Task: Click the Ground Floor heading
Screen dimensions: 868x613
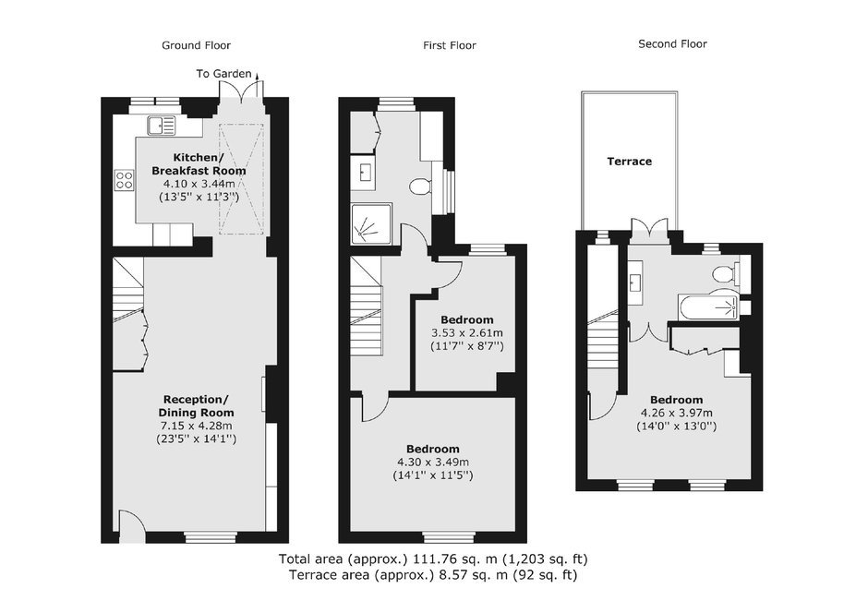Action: pyautogui.click(x=196, y=45)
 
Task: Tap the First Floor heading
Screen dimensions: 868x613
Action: pyautogui.click(x=450, y=45)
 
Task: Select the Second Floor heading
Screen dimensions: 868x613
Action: pyautogui.click(x=672, y=43)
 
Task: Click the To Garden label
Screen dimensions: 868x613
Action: pyautogui.click(x=223, y=74)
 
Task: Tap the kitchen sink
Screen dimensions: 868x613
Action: pyautogui.click(x=161, y=126)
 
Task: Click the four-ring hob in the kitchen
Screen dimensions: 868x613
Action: pyautogui.click(x=124, y=180)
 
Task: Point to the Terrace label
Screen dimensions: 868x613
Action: pyautogui.click(x=630, y=162)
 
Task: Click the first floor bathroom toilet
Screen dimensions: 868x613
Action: pyautogui.click(x=422, y=186)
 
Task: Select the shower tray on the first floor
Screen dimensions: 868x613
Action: pyautogui.click(x=371, y=224)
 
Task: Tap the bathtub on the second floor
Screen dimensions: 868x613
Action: pyautogui.click(x=708, y=307)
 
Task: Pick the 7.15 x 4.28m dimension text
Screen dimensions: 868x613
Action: pyautogui.click(x=197, y=426)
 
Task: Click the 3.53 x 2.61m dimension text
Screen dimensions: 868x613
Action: pyautogui.click(x=467, y=333)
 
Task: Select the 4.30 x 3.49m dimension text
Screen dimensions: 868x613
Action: pyautogui.click(x=433, y=462)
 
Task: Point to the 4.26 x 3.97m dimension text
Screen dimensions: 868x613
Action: pyautogui.click(x=677, y=413)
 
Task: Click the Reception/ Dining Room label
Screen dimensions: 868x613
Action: pyautogui.click(x=197, y=406)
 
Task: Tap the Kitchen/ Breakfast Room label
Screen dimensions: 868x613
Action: pyautogui.click(x=199, y=163)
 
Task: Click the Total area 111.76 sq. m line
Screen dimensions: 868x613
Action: pyautogui.click(x=433, y=559)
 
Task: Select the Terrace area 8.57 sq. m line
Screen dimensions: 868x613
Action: pyautogui.click(x=433, y=575)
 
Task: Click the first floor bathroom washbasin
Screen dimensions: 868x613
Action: pyautogui.click(x=363, y=173)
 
